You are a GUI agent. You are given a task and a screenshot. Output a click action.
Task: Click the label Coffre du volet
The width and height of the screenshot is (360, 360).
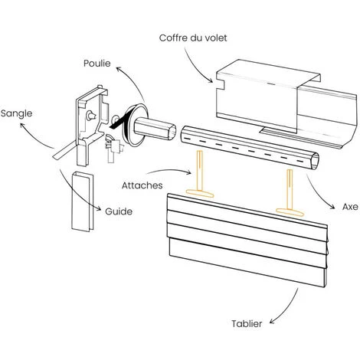coord(192,38)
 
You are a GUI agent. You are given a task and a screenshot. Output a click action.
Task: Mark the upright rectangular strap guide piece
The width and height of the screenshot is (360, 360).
coord(80,201)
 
